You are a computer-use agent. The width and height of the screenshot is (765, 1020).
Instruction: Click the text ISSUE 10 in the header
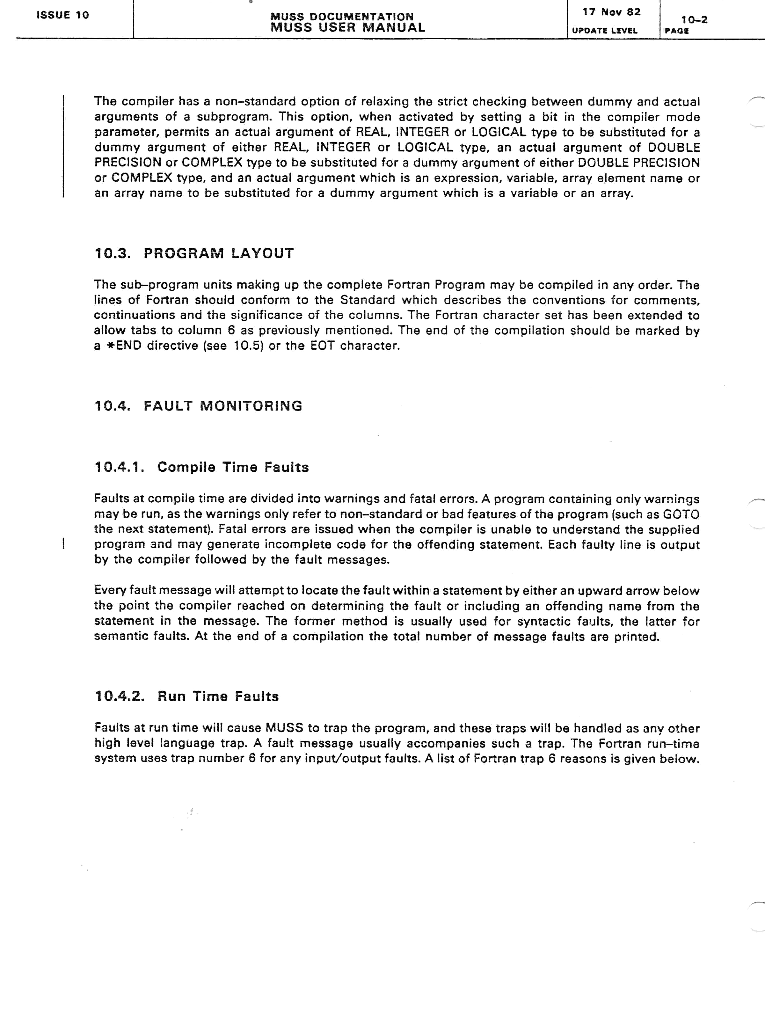(63, 15)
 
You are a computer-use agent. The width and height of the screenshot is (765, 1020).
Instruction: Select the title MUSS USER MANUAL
(348, 28)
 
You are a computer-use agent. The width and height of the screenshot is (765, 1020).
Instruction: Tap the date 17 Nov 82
(611, 12)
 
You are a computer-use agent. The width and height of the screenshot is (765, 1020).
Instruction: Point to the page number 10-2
(694, 20)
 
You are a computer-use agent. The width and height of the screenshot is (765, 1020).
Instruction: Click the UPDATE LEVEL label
(605, 31)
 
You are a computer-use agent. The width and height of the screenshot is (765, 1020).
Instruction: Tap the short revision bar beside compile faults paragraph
(63, 544)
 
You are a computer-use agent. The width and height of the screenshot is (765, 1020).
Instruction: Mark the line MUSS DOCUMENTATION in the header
(342, 17)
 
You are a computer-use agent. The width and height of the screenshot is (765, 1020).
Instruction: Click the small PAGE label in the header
(676, 31)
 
